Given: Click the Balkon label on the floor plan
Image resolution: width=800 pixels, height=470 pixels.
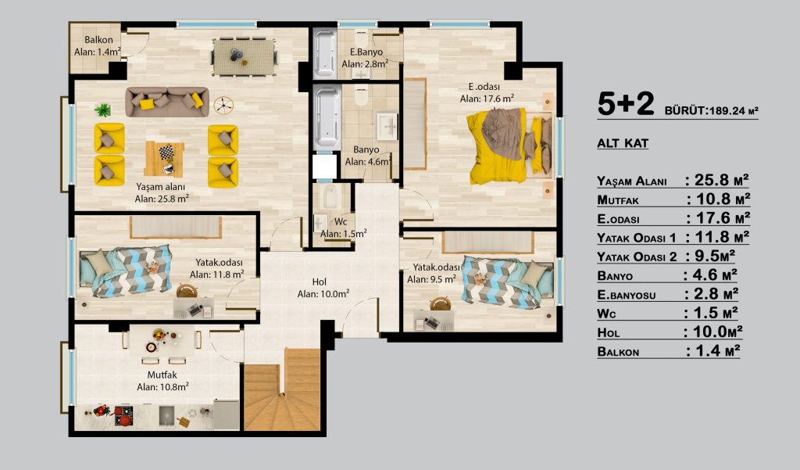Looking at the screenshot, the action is [x=99, y=40].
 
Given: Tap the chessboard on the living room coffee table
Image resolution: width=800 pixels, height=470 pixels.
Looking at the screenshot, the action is [x=166, y=152].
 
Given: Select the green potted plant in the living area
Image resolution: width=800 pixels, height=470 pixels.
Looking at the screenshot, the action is [x=102, y=109].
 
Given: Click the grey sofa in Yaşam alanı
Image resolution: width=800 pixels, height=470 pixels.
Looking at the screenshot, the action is [x=167, y=101].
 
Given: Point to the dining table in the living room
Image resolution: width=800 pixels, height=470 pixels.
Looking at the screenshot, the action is [x=244, y=57].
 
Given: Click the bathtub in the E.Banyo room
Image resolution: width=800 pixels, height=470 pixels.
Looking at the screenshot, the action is [x=324, y=54].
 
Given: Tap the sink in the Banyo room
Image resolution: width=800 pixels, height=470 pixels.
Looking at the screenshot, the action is [x=387, y=126].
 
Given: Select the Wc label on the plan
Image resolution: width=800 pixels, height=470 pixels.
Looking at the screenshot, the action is [x=341, y=222].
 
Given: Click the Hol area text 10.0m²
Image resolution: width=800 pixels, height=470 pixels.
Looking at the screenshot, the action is [x=335, y=294].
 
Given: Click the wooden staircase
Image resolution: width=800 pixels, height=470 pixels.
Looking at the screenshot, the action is [x=282, y=389].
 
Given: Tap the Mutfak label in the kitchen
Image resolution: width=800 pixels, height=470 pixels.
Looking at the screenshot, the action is [x=162, y=375].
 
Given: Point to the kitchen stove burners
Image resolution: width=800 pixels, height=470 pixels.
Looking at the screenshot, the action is [x=123, y=415].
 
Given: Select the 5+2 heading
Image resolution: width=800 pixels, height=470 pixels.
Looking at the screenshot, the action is [x=626, y=104].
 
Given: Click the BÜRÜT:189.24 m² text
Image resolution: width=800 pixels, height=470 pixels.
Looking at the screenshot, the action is [x=711, y=110].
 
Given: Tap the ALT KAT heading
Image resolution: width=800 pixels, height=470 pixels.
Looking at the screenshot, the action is [x=623, y=143].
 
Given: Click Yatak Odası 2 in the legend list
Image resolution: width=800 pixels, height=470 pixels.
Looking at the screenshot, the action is [x=637, y=257].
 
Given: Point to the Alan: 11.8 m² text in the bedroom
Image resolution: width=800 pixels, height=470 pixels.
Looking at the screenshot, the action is [x=217, y=274].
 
